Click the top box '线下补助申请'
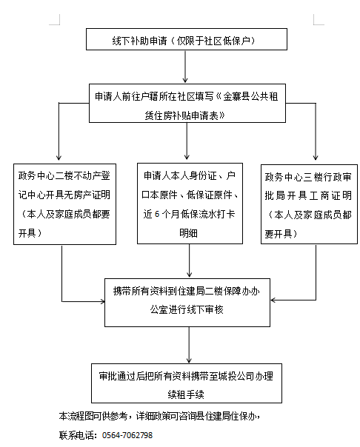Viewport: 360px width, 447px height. (x=187, y=39)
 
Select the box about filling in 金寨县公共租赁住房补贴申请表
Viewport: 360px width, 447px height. (x=187, y=103)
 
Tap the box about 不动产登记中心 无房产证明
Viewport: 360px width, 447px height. (x=64, y=204)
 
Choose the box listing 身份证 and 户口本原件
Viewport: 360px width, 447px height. (x=190, y=204)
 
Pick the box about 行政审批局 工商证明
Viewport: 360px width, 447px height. (x=309, y=204)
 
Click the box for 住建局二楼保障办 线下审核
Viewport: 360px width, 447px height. (x=187, y=303)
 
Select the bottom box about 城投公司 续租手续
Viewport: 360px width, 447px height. (x=187, y=383)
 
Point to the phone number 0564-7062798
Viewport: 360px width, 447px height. (x=127, y=435)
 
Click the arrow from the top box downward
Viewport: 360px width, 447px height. (x=185, y=67)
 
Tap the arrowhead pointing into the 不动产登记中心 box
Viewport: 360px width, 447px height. (x=59, y=158)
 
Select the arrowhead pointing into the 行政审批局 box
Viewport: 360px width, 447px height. (x=316, y=157)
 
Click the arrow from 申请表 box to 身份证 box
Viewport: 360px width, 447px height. (x=187, y=141)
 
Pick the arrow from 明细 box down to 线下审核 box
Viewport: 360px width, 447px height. (x=189, y=261)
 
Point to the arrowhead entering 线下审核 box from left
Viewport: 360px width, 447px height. (x=102, y=301)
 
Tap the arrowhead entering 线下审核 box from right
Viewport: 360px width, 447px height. (x=273, y=300)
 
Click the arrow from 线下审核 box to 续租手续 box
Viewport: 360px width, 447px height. (x=189, y=345)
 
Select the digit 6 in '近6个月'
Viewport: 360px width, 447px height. (x=157, y=214)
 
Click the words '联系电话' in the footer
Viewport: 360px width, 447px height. (x=76, y=435)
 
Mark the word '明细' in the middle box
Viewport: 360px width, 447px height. (x=188, y=233)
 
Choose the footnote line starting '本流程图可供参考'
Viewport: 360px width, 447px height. (x=159, y=416)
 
